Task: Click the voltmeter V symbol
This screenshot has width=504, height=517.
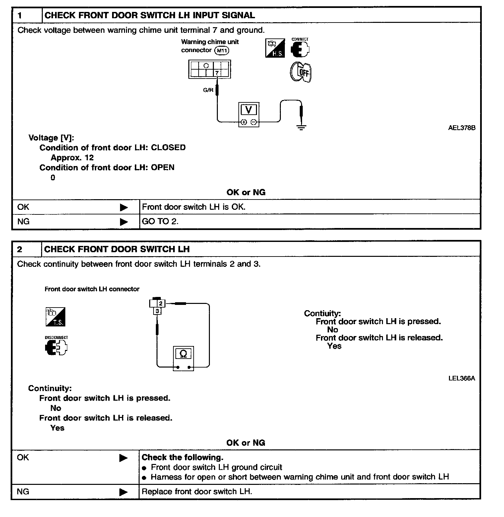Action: point(248,110)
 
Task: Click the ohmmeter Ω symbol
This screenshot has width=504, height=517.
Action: point(183,354)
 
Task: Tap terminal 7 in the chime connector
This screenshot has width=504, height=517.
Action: point(217,73)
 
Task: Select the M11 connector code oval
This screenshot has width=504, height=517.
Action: point(222,50)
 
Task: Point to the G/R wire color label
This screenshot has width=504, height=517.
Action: point(208,90)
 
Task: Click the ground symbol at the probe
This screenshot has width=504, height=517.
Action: point(301,127)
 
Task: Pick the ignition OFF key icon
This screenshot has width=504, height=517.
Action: point(301,72)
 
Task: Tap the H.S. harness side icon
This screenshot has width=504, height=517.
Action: point(275,48)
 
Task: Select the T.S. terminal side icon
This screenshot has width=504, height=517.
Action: point(55,317)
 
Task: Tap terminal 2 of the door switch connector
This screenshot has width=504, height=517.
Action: point(161,303)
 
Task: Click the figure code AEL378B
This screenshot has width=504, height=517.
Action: point(462,128)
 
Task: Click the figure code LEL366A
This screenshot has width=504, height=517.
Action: point(462,378)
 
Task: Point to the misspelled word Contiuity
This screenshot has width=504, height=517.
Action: point(322,313)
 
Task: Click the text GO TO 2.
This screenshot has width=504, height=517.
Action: point(160,221)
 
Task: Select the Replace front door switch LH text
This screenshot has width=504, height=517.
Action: point(197,491)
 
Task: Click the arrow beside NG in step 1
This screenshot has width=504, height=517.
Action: point(124,222)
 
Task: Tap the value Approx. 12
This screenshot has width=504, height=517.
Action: point(72,158)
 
